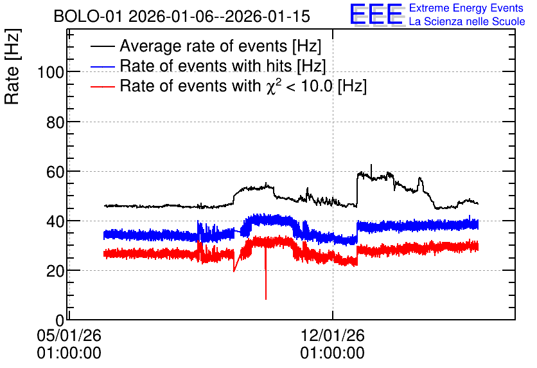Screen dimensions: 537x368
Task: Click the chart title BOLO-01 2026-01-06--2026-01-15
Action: pos(182,16)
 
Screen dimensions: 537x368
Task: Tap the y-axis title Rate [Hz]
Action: pos(12,66)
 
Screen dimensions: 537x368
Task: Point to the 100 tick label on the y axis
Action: pos(51,73)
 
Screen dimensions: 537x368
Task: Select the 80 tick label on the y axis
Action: pos(55,122)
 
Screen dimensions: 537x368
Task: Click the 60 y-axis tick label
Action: pos(55,172)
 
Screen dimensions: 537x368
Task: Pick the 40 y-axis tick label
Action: pos(55,222)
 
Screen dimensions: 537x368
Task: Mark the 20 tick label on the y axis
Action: pos(55,271)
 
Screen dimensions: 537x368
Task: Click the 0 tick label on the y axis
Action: pos(60,320)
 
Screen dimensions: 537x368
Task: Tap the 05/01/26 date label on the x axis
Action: pos(69,335)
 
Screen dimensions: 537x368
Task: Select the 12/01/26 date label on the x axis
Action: pos(333,335)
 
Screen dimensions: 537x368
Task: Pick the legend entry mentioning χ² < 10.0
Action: pos(243,86)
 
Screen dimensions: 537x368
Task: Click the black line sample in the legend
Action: pos(103,46)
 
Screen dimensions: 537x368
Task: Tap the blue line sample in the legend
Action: pos(103,66)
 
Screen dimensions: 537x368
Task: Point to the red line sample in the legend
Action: pos(103,86)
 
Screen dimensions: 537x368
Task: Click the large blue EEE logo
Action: pos(376,14)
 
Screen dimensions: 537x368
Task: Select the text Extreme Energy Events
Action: pos(466,8)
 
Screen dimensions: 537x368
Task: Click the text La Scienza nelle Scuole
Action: pos(467,21)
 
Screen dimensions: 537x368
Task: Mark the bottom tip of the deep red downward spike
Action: pos(266,299)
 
